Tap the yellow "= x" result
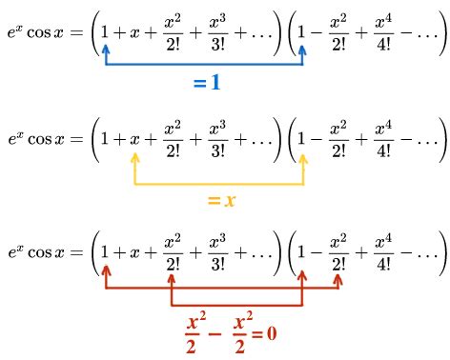coord(221,201)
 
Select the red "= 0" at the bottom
coord(263,334)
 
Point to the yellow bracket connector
coord(220,182)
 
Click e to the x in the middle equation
coord(16,137)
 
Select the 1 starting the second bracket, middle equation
coord(303,138)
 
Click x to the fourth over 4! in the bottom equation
coord(383,254)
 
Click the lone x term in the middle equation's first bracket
coord(137,138)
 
